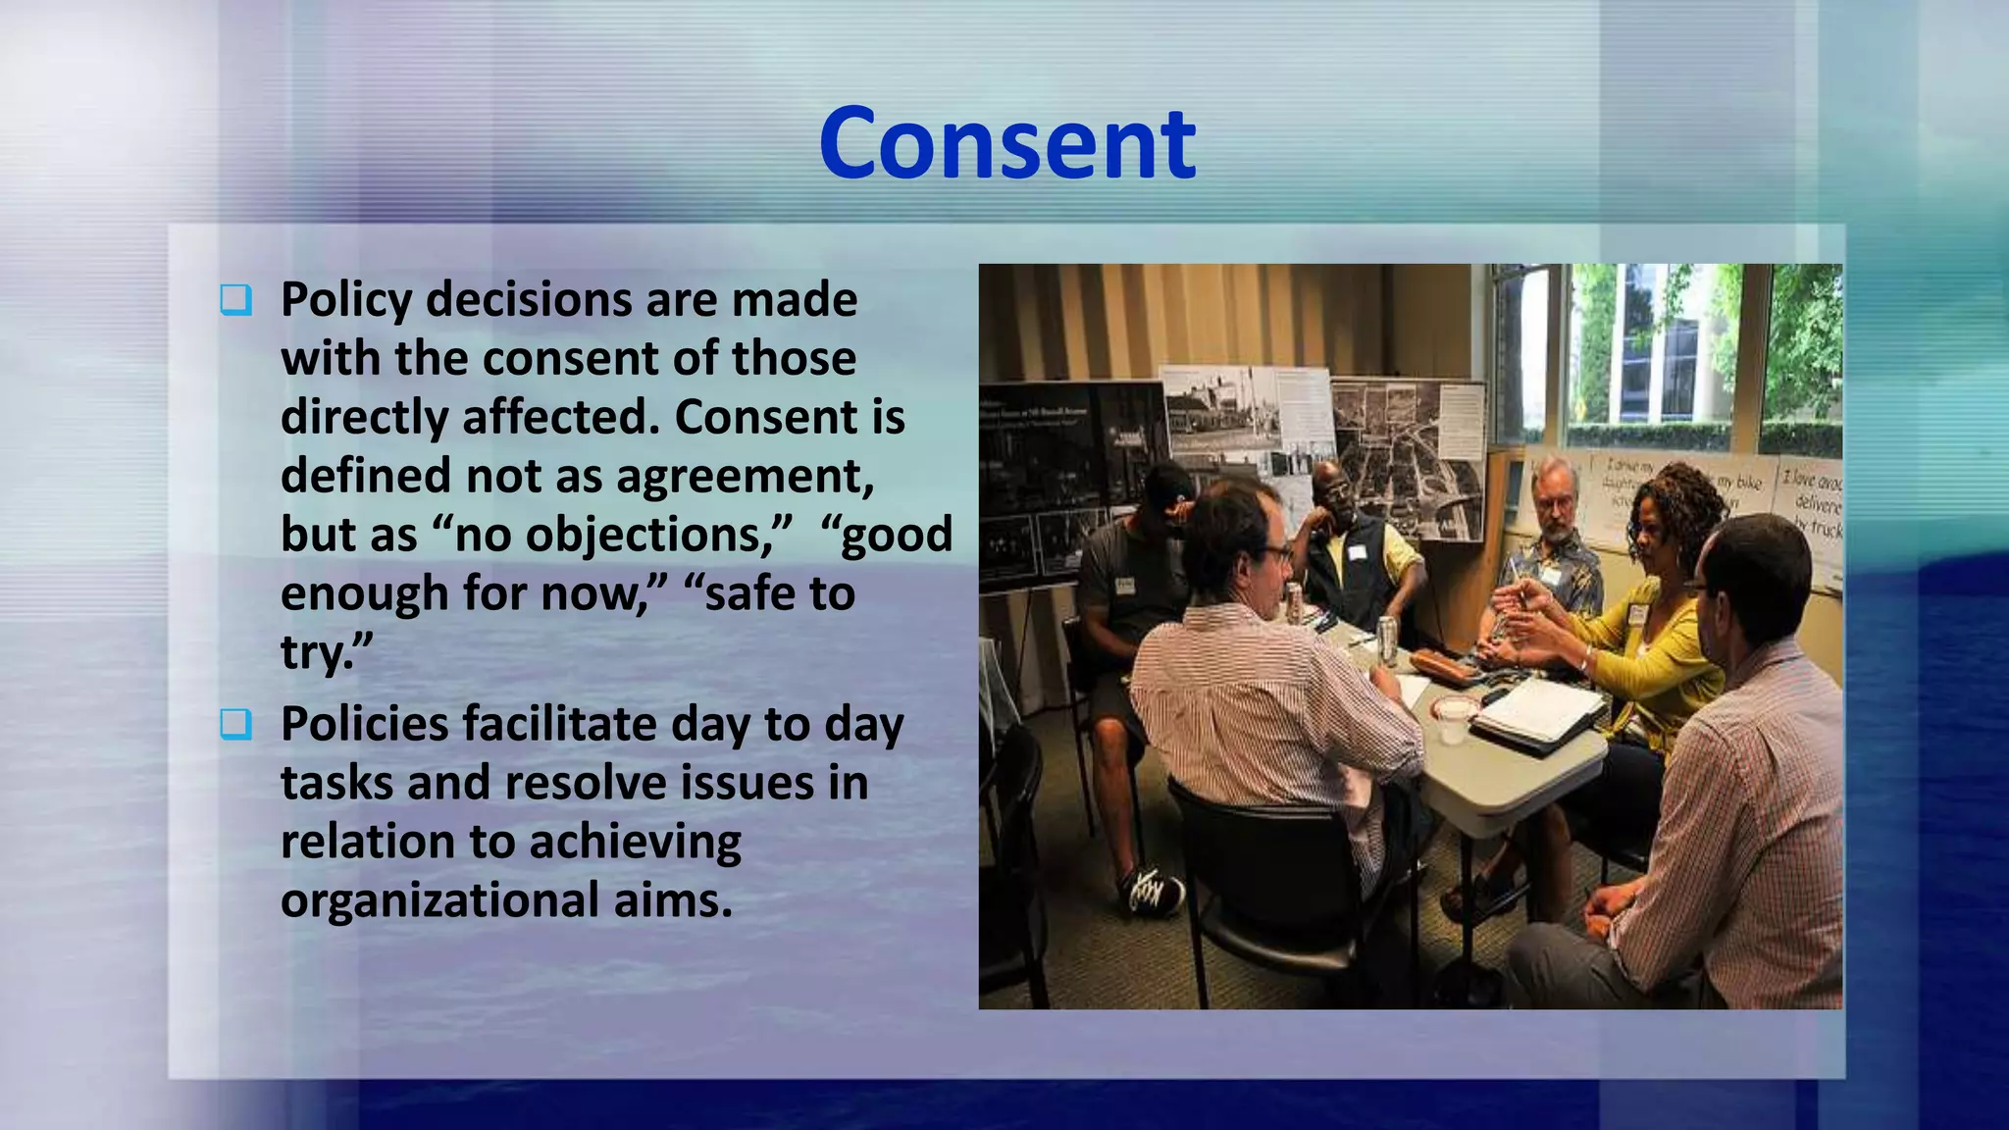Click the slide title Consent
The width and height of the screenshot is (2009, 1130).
(x=1007, y=144)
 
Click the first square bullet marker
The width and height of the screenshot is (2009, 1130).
(x=235, y=300)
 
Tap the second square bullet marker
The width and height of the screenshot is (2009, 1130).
(x=235, y=725)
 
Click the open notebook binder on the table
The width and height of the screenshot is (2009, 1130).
(x=1538, y=714)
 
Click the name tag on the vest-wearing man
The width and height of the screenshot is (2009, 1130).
(x=1358, y=552)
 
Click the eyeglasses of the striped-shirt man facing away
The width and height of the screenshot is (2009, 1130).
(x=1276, y=552)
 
